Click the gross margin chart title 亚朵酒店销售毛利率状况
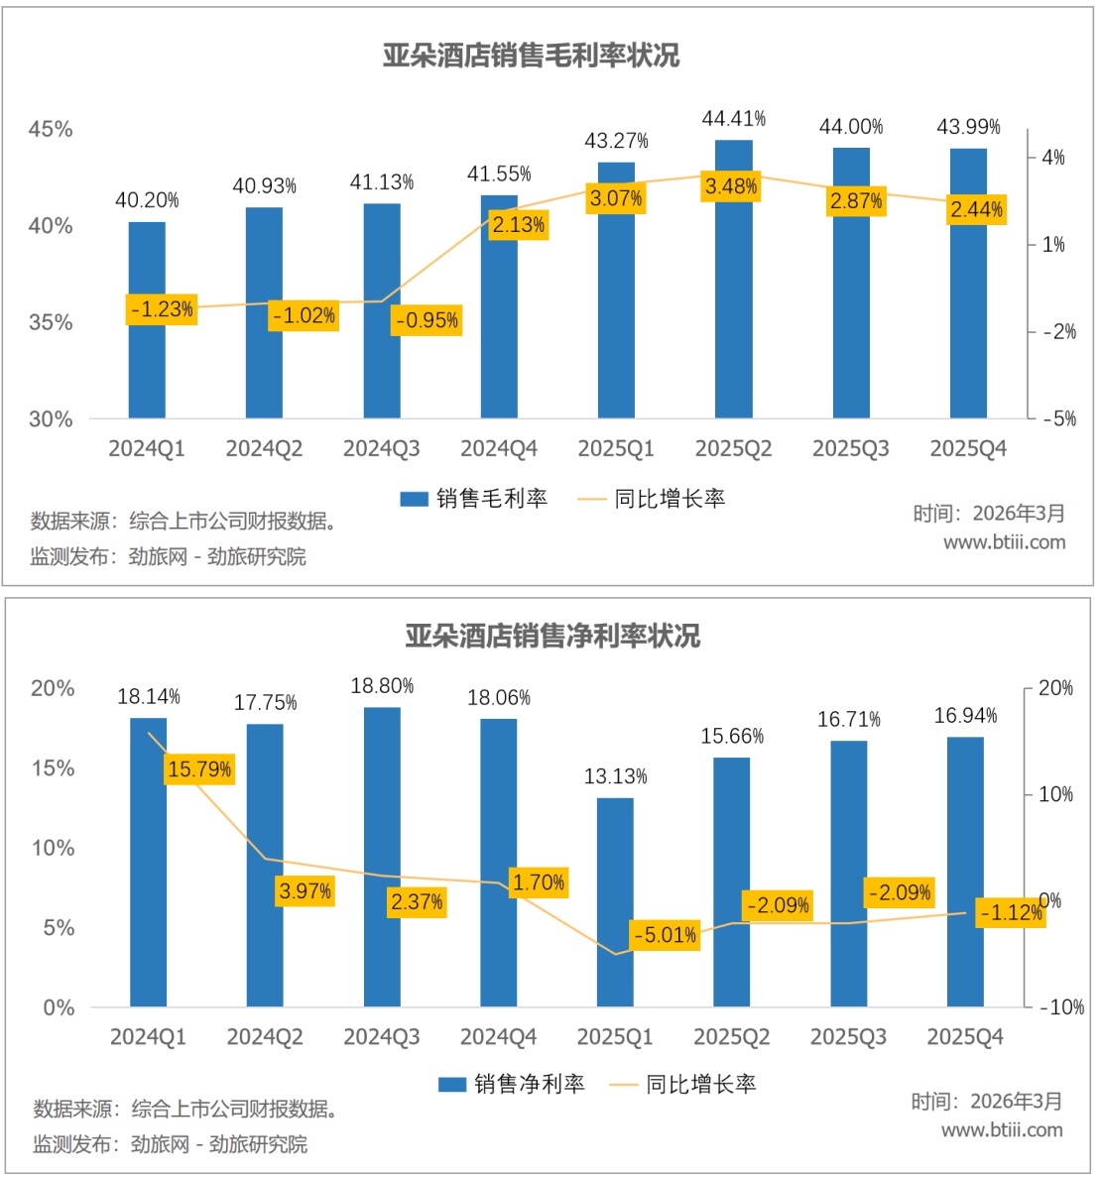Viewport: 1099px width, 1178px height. point(532,56)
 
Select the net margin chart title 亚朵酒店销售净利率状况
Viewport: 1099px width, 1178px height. point(552,636)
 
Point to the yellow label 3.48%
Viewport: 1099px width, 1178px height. point(731,186)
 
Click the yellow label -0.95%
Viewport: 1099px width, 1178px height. point(427,320)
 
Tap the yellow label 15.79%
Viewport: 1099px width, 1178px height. point(199,769)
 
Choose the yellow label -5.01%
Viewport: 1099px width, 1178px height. point(666,935)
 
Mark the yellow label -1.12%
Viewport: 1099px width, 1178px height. point(1011,912)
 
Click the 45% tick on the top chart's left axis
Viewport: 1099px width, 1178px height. point(51,130)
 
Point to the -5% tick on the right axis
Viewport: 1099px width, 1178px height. point(1059,418)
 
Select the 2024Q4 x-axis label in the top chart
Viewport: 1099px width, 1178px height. point(499,449)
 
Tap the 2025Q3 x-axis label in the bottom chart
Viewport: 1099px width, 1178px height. point(848,1037)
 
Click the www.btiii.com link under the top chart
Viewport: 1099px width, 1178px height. point(1004,542)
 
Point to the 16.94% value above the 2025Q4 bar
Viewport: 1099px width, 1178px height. point(965,716)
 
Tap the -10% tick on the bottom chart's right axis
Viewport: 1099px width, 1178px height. point(1061,1007)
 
